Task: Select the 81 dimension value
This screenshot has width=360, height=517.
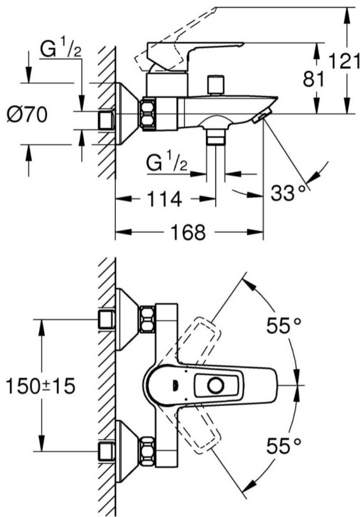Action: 313,79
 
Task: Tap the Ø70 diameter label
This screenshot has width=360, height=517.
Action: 27,115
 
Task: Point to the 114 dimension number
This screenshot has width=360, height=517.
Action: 164,198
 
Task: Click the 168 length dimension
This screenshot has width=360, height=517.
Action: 188,232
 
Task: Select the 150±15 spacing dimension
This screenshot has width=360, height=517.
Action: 41,386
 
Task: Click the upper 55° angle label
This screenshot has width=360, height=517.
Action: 283,326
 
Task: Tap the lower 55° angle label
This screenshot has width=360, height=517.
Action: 283,446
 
